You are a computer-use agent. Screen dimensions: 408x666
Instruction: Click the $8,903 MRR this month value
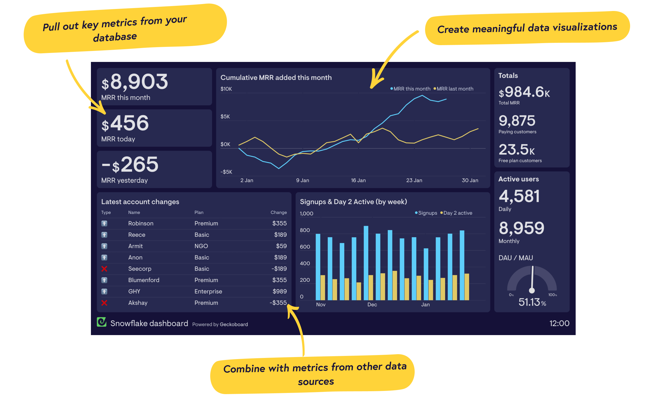coord(135,82)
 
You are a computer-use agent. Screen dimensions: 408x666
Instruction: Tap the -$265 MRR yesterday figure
coord(130,165)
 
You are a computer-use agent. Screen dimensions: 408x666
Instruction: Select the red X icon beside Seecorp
coord(104,269)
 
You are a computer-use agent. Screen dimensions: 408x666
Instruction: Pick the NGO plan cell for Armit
coord(201,246)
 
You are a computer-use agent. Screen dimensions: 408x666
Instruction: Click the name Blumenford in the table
coord(144,280)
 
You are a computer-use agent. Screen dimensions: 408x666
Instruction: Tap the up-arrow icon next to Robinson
coord(104,223)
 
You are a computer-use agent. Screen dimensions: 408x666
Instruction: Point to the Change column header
coord(278,212)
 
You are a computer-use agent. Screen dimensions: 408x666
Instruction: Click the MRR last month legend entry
coord(453,89)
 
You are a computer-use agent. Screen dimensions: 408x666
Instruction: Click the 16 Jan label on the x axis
coord(358,180)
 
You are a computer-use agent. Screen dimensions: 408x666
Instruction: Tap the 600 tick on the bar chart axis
coord(305,247)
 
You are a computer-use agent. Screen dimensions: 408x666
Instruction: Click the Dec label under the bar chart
coord(372,304)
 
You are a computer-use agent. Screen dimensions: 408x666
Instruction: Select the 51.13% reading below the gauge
coord(532,302)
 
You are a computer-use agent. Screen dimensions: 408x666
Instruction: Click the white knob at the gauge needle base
coord(532,290)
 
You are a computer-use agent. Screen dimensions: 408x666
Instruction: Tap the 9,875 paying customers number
coord(517,121)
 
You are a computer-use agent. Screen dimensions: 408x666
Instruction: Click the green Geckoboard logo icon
coord(102,322)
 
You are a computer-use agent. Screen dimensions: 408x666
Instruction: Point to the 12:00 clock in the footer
coord(559,323)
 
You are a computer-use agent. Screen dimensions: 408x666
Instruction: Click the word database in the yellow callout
coord(115,37)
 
